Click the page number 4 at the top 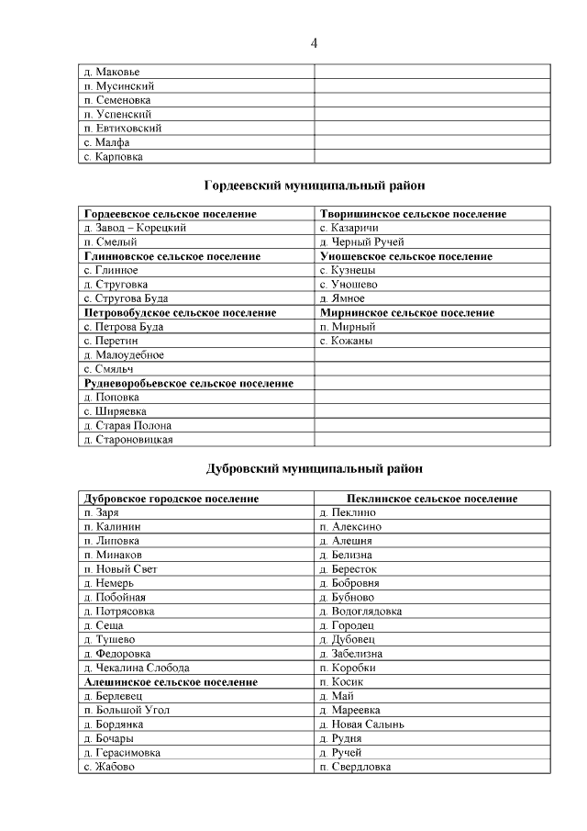pyautogui.click(x=314, y=43)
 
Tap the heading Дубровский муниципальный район pyautogui.click(x=314, y=469)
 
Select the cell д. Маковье pyautogui.click(x=112, y=71)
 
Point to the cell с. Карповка pyautogui.click(x=113, y=157)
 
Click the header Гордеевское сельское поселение pyautogui.click(x=170, y=214)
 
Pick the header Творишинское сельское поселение pyautogui.click(x=413, y=214)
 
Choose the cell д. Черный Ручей pyautogui.click(x=362, y=242)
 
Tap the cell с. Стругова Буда pyautogui.click(x=126, y=298)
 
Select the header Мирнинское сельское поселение pyautogui.click(x=406, y=313)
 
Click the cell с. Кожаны pyautogui.click(x=346, y=342)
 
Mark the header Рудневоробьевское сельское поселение pyautogui.click(x=189, y=384)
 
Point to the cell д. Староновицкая pyautogui.click(x=127, y=440)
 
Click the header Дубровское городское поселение pyautogui.click(x=172, y=499)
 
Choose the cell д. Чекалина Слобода pyautogui.click(x=136, y=668)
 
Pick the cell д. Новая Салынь pyautogui.click(x=361, y=724)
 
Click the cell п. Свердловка pyautogui.click(x=355, y=767)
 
